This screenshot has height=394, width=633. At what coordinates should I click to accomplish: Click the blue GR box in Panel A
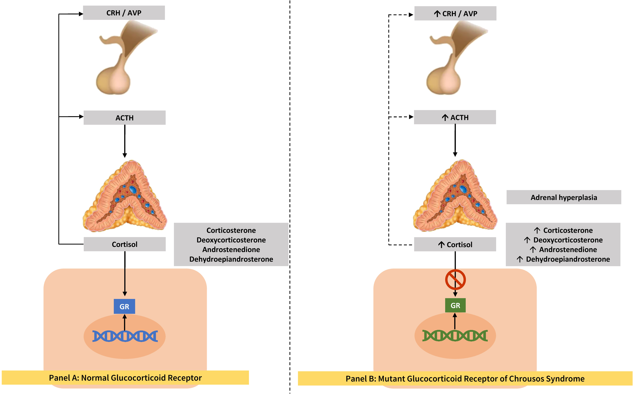click(124, 307)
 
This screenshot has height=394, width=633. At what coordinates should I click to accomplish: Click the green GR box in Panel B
click(455, 305)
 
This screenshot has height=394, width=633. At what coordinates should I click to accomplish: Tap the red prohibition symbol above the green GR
click(455, 280)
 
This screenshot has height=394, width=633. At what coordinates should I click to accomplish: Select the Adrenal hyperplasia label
click(564, 197)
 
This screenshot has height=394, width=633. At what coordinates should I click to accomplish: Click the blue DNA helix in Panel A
click(125, 336)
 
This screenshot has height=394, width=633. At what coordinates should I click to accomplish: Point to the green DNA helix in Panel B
click(455, 336)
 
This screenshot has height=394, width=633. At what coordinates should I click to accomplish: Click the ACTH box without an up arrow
click(124, 118)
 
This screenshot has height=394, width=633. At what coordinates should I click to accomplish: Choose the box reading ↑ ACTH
click(455, 118)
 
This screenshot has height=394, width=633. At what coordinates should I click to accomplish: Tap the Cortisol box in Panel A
click(124, 244)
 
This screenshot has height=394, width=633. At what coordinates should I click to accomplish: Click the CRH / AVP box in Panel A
click(124, 13)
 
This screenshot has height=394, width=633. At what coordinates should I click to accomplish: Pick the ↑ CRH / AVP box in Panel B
click(455, 14)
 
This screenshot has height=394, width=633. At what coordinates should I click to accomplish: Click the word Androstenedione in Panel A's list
click(231, 250)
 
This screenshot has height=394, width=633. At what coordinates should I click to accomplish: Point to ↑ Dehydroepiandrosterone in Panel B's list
click(563, 259)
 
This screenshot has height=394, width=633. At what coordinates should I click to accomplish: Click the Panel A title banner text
click(125, 378)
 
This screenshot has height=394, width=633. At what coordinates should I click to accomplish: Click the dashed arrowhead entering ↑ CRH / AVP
click(411, 15)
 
